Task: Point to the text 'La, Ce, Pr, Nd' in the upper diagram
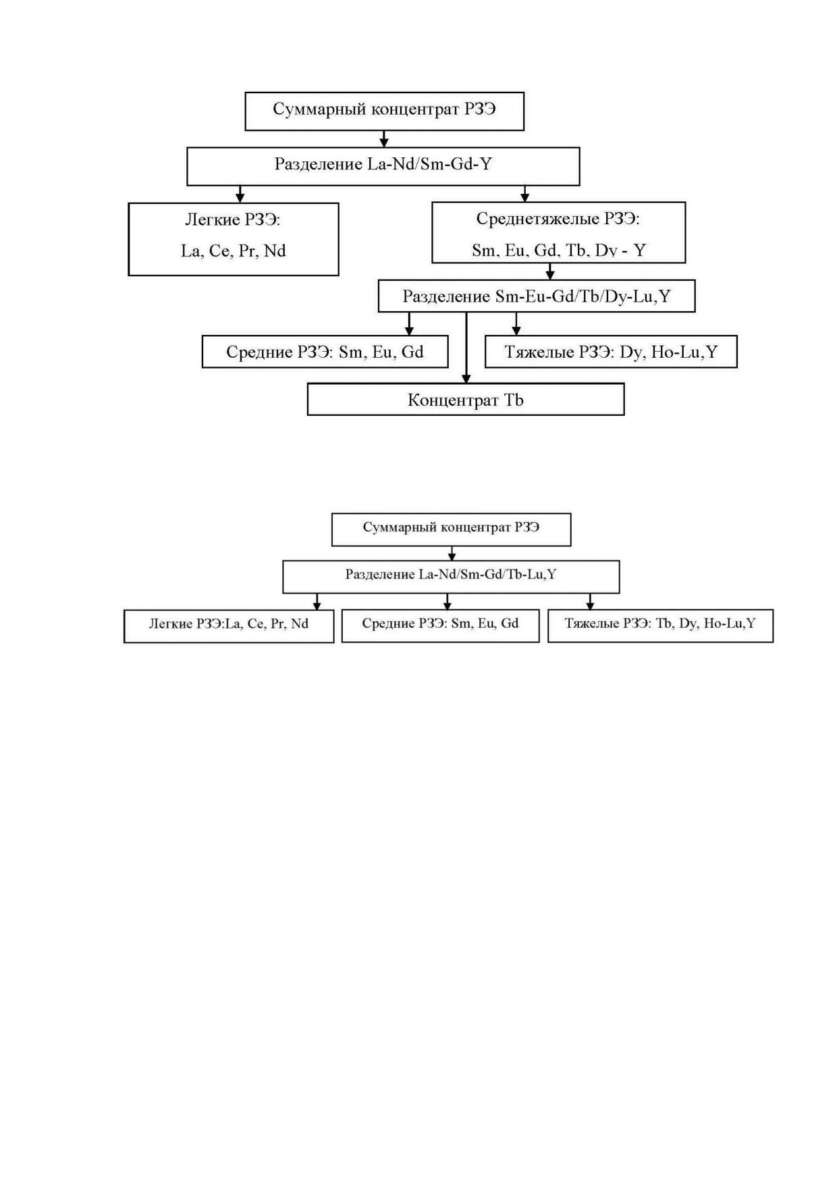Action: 234,251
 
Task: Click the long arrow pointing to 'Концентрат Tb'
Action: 466,348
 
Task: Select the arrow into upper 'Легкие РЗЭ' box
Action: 240,194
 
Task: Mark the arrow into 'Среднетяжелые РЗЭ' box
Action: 525,194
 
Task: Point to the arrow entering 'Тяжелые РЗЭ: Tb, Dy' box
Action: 590,601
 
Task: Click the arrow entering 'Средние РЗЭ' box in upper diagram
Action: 409,324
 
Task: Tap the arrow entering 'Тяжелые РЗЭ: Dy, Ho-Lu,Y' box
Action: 516,324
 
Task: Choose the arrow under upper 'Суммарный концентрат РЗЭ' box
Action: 384,139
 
